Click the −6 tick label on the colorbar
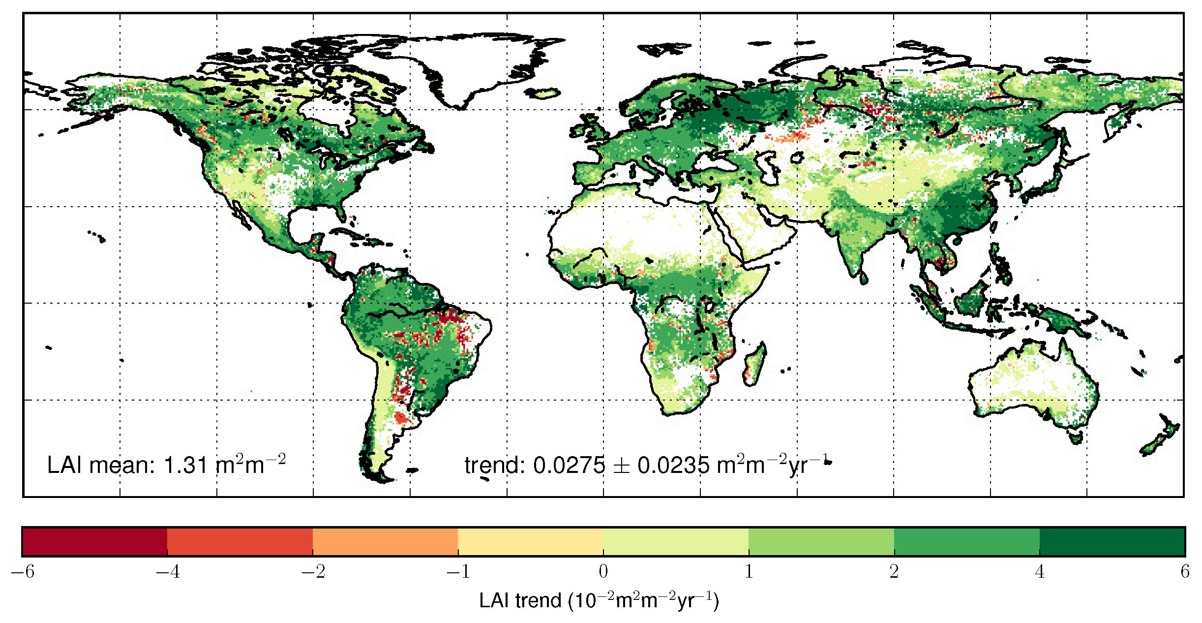click(23, 572)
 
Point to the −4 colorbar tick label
click(168, 572)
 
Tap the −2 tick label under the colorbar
click(313, 572)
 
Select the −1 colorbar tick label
click(458, 572)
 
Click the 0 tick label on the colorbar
click(603, 572)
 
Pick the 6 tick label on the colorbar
click(1185, 572)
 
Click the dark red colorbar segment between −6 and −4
click(94, 542)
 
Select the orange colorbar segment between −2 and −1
click(385, 542)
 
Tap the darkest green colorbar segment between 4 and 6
click(1112, 542)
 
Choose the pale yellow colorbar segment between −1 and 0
click(531, 542)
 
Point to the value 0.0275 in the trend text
click(569, 466)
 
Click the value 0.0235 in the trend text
click(673, 466)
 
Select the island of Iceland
click(543, 93)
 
